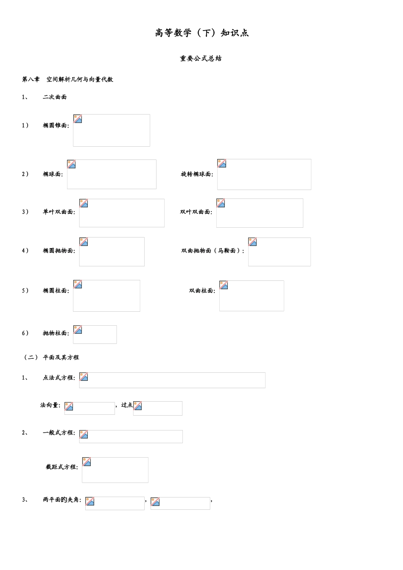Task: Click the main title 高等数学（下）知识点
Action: (x=201, y=33)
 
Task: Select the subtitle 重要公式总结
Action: (x=201, y=59)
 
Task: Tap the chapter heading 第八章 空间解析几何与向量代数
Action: (x=67, y=79)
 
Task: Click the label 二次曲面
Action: (x=55, y=97)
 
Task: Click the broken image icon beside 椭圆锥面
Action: (x=78, y=119)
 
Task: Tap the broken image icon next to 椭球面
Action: (x=71, y=164)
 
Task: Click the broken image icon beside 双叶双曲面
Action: (x=221, y=203)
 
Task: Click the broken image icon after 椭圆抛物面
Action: (x=84, y=242)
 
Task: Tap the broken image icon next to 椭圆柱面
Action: (x=78, y=284)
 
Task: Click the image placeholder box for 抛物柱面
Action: (x=95, y=334)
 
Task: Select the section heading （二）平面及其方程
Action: (x=50, y=357)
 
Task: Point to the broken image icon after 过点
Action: (x=137, y=406)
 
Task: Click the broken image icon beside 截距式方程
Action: (x=87, y=461)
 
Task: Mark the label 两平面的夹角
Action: (x=62, y=500)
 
